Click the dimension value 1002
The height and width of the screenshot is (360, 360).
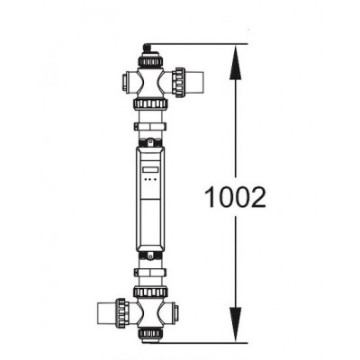pos(235,197)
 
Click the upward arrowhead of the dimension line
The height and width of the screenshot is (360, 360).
pos(236,62)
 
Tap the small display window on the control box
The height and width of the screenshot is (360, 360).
pos(150,170)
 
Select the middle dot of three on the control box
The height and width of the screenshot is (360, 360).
pos(150,180)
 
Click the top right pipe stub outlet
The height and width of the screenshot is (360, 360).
pos(194,82)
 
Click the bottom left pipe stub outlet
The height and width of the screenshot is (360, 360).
pos(107,314)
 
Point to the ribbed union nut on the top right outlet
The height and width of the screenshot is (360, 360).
pos(179,82)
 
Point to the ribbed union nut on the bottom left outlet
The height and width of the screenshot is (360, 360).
pos(122,314)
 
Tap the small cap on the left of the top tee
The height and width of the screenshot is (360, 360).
pos(125,82)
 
